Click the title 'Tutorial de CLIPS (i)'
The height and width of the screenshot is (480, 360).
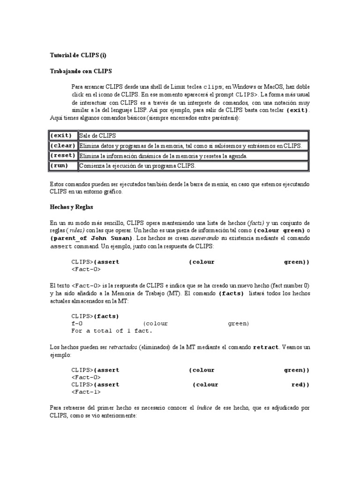(x=78, y=55)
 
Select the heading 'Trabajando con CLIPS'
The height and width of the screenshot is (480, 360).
(x=80, y=71)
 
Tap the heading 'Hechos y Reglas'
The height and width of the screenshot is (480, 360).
(x=72, y=206)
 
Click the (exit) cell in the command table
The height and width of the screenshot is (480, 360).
(x=63, y=135)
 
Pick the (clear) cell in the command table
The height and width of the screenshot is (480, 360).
(x=63, y=146)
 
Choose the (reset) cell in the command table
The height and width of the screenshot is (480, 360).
(x=63, y=156)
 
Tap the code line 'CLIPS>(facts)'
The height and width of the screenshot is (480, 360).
(x=95, y=316)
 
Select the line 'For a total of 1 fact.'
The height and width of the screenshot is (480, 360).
(x=112, y=331)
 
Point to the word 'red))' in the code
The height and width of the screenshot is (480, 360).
(x=300, y=385)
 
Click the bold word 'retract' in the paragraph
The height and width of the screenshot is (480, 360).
(x=266, y=348)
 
